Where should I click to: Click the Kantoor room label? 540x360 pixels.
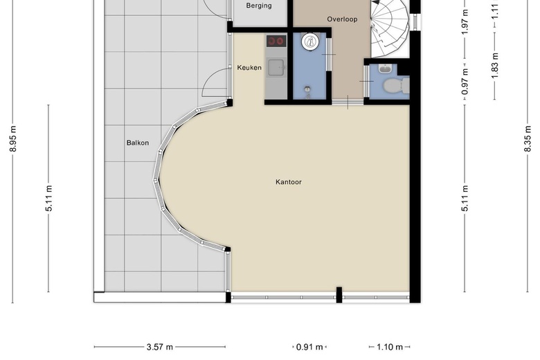click(x=289, y=182)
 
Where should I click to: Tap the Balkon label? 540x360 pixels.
click(x=138, y=143)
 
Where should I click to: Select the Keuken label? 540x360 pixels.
click(x=249, y=68)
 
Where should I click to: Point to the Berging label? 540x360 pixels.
click(x=259, y=6)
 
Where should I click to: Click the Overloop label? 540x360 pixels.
click(x=342, y=19)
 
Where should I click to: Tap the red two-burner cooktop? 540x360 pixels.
click(x=276, y=42)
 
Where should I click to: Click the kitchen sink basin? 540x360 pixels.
click(x=276, y=67)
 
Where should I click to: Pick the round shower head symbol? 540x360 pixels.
click(x=310, y=42)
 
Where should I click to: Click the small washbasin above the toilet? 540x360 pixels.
click(x=385, y=69)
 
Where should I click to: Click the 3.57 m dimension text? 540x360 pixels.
click(x=160, y=347)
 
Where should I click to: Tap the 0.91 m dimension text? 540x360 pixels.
click(x=309, y=347)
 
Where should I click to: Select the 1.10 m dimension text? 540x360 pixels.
click(x=390, y=347)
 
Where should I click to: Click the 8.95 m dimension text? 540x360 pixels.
click(x=13, y=139)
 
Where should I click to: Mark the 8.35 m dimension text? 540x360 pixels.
click(x=528, y=138)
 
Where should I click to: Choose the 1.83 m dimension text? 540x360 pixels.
click(x=495, y=66)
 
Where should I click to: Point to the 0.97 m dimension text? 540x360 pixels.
click(x=465, y=82)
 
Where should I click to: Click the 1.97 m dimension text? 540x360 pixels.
click(x=465, y=22)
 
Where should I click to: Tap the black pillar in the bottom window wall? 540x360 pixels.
click(x=339, y=295)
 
